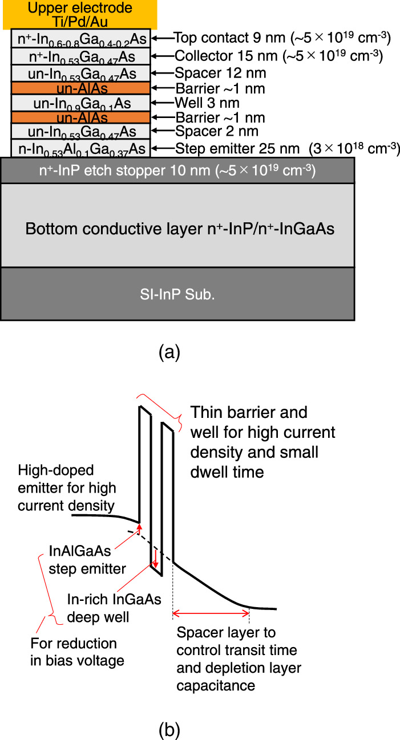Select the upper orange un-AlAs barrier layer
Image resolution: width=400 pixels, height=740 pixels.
tap(80, 88)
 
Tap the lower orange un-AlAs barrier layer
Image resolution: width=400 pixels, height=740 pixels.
tap(80, 118)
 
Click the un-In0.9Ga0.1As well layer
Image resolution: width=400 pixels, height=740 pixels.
tap(80, 103)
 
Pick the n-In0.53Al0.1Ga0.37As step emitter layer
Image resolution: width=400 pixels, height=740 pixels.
tap(80, 148)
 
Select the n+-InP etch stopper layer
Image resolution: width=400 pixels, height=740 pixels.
tap(177, 170)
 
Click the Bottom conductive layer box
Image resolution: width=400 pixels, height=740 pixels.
tap(177, 229)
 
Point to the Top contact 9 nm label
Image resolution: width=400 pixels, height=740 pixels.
tap(282, 38)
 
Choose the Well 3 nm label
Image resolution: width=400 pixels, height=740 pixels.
tap(207, 103)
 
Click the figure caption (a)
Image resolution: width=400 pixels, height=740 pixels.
tap(169, 352)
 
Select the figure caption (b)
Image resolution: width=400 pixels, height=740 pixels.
tap(169, 729)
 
